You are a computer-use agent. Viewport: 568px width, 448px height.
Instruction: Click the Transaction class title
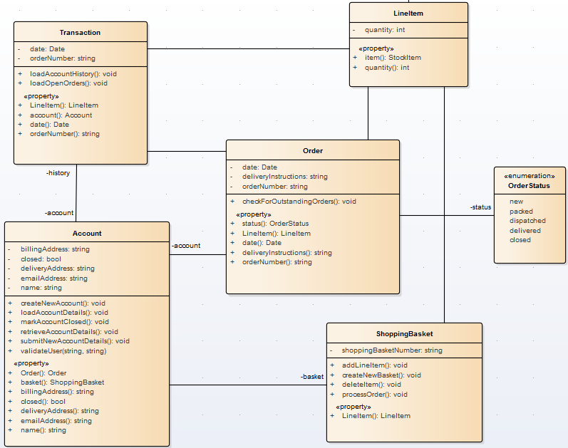point(80,32)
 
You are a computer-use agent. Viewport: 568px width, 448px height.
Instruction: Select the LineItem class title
point(408,14)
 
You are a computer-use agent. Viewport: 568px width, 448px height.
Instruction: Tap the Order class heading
point(312,150)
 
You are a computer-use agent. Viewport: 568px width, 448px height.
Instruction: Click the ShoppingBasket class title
point(404,333)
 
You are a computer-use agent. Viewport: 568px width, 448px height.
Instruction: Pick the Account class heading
point(87,233)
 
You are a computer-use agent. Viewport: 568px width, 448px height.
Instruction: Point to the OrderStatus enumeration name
point(529,186)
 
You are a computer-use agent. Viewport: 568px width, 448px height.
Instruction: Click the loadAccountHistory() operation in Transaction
point(73,73)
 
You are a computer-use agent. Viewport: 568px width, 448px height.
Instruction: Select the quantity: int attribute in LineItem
point(385,30)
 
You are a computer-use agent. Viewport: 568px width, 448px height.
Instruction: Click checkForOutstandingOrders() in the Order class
point(299,202)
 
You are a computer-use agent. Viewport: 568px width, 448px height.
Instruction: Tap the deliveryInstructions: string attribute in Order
point(284,177)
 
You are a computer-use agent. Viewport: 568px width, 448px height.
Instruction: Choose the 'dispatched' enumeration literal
point(527,221)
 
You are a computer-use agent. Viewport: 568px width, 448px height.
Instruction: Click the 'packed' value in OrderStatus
point(521,212)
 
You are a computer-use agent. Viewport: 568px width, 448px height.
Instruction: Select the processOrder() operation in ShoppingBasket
point(374,394)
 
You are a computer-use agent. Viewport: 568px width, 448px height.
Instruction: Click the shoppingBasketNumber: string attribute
point(391,350)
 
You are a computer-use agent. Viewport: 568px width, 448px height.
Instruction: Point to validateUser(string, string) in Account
point(63,350)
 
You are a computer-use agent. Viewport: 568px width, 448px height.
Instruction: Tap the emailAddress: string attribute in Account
point(54,278)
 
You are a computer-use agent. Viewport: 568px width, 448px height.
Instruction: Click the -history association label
point(58,173)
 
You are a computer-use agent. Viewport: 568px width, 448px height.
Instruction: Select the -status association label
point(480,207)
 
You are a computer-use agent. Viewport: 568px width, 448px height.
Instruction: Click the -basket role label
point(311,376)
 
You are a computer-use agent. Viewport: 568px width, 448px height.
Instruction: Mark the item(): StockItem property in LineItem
point(393,58)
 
